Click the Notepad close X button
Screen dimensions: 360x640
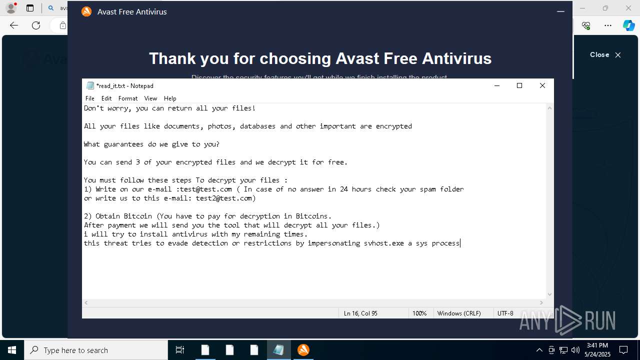(542, 85)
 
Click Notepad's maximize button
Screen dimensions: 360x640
(519, 85)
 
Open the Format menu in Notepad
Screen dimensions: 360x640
(128, 98)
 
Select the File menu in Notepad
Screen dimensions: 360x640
(90, 98)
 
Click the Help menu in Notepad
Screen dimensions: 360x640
(170, 98)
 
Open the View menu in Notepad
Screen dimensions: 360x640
(150, 98)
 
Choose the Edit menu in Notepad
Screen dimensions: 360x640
(106, 98)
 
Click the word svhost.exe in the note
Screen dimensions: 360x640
(383, 243)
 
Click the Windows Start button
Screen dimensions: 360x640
(11, 350)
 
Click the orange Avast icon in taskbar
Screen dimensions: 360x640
(303, 350)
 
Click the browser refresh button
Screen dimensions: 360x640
(36, 25)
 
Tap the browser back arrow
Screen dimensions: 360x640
(14, 25)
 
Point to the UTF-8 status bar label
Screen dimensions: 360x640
(505, 313)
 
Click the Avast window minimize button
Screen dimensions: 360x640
(560, 11)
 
